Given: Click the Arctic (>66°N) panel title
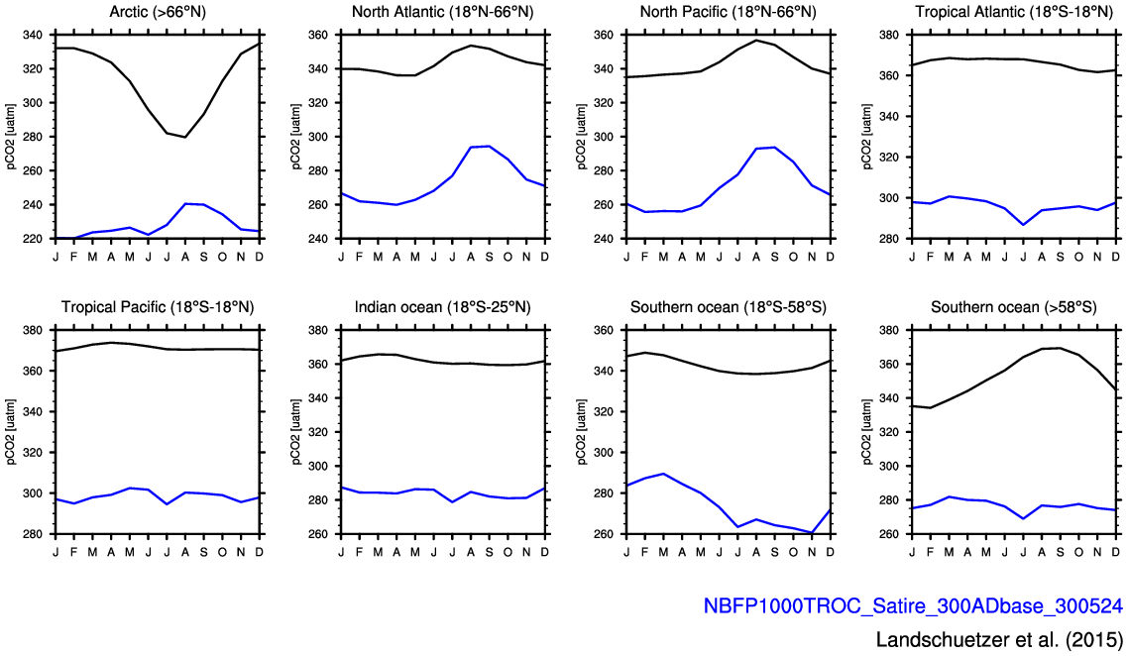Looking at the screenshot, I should click(158, 12).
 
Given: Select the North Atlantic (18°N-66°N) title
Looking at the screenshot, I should click(442, 12).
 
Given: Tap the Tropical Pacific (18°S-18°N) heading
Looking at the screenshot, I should click(158, 307).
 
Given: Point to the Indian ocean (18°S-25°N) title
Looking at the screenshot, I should click(442, 307).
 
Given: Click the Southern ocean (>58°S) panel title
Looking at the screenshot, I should click(1013, 307).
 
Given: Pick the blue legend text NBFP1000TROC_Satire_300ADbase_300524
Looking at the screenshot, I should click(912, 605).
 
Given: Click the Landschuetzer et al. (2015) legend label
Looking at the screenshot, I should click(999, 638).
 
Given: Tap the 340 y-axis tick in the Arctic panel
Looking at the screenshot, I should click(33, 35).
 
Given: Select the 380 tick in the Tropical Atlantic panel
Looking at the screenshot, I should click(888, 35).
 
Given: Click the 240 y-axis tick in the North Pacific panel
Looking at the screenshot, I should click(604, 239).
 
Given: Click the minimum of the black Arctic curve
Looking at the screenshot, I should click(185, 137).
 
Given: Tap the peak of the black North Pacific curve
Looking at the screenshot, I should click(756, 41).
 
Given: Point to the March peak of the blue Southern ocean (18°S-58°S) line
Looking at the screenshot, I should click(663, 474).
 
